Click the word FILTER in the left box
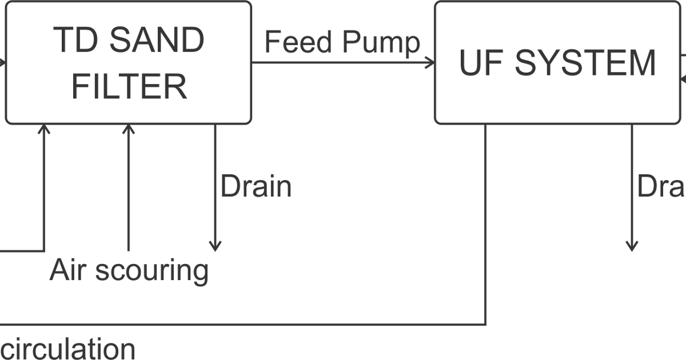pyautogui.click(x=130, y=87)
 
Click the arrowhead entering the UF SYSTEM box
pyautogui.click(x=430, y=62)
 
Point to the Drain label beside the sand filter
pyautogui.click(x=256, y=187)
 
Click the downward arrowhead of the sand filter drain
pyautogui.click(x=214, y=247)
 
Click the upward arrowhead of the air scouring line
pyautogui.click(x=129, y=129)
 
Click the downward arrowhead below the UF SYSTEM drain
pyautogui.click(x=631, y=247)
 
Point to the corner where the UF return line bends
pyautogui.click(x=485, y=325)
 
